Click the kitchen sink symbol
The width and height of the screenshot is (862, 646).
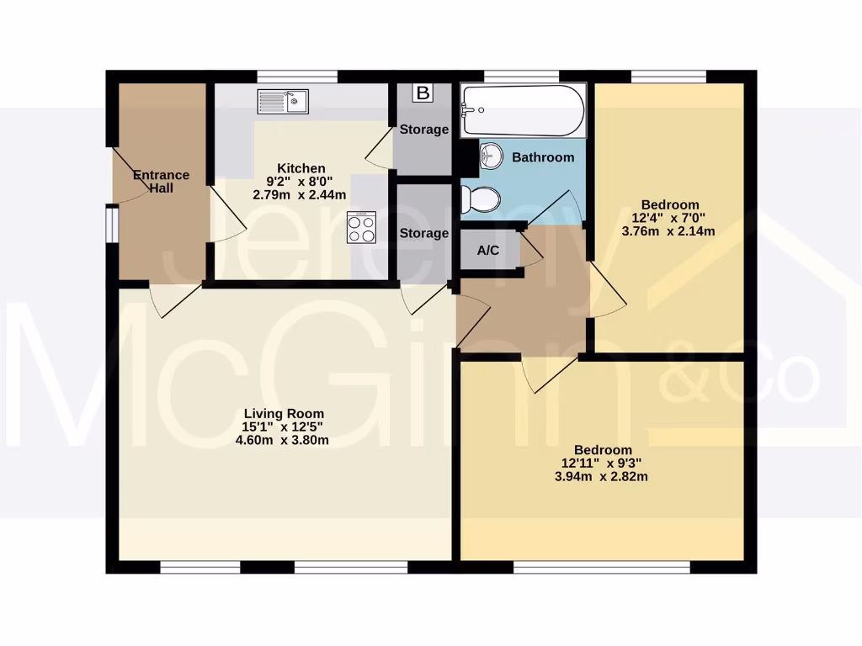pyautogui.click(x=284, y=101)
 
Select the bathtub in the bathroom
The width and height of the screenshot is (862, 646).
pyautogui.click(x=522, y=111)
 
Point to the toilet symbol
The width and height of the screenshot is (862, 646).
pyautogui.click(x=481, y=199)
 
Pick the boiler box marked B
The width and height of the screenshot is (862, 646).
pyautogui.click(x=423, y=93)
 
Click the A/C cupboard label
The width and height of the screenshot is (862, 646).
pyautogui.click(x=489, y=250)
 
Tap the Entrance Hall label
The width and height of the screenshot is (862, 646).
pyautogui.click(x=161, y=182)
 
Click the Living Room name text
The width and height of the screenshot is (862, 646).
pyautogui.click(x=284, y=414)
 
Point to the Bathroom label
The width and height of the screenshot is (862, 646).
pyautogui.click(x=543, y=157)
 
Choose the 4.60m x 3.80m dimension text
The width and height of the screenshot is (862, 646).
pyautogui.click(x=284, y=440)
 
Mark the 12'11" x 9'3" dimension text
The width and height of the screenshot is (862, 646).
pyautogui.click(x=603, y=463)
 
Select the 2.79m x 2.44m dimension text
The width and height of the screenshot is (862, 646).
pyautogui.click(x=300, y=194)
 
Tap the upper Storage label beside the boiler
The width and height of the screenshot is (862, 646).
pyautogui.click(x=423, y=130)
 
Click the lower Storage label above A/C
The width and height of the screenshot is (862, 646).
pyautogui.click(x=423, y=233)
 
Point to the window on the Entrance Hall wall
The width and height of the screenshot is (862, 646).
pyautogui.click(x=110, y=225)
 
